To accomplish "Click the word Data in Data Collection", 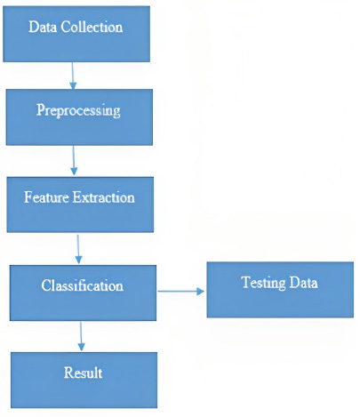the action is click(x=43, y=27).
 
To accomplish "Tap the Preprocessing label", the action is click(x=78, y=111).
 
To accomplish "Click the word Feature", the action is click(x=46, y=197).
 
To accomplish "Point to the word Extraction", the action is click(x=104, y=197).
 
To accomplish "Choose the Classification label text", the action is click(x=83, y=285).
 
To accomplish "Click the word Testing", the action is click(x=263, y=283).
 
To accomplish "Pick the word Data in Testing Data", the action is click(x=303, y=283).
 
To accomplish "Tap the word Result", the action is click(x=83, y=373).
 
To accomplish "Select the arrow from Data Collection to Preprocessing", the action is click(x=73, y=76).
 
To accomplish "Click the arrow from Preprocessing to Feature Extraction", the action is click(x=74, y=160).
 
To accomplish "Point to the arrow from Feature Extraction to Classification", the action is click(x=78, y=249).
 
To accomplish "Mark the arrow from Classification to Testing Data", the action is click(x=180, y=292).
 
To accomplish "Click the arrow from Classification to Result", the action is click(x=81, y=336).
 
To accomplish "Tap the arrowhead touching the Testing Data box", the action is click(x=200, y=292).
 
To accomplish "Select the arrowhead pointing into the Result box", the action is click(x=82, y=348).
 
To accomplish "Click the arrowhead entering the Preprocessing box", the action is click(x=73, y=85).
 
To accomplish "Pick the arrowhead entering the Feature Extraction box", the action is click(x=74, y=171).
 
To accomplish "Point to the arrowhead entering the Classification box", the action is click(x=78, y=260).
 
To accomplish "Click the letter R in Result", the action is click(x=68, y=373).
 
